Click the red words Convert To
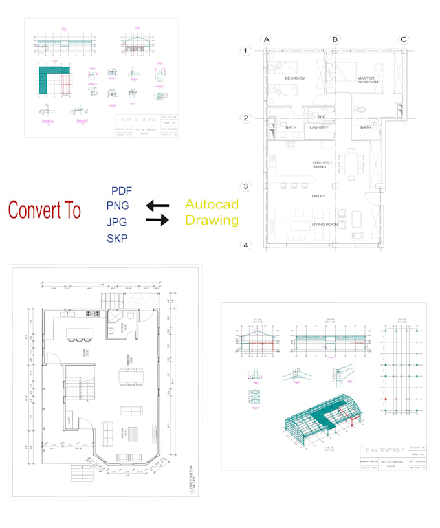(x=45, y=210)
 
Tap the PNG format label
(x=118, y=206)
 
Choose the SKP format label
(x=117, y=237)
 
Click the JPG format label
(x=117, y=222)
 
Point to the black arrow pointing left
(x=157, y=206)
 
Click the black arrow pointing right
(x=157, y=221)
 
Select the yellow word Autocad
(x=212, y=204)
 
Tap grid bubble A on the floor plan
(x=266, y=39)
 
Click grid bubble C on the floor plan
(x=403, y=39)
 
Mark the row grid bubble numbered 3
(x=245, y=186)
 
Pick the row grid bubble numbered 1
(x=245, y=50)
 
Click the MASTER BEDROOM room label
(x=368, y=80)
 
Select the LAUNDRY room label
(x=319, y=127)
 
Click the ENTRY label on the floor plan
(x=318, y=196)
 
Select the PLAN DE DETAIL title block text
(x=143, y=120)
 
